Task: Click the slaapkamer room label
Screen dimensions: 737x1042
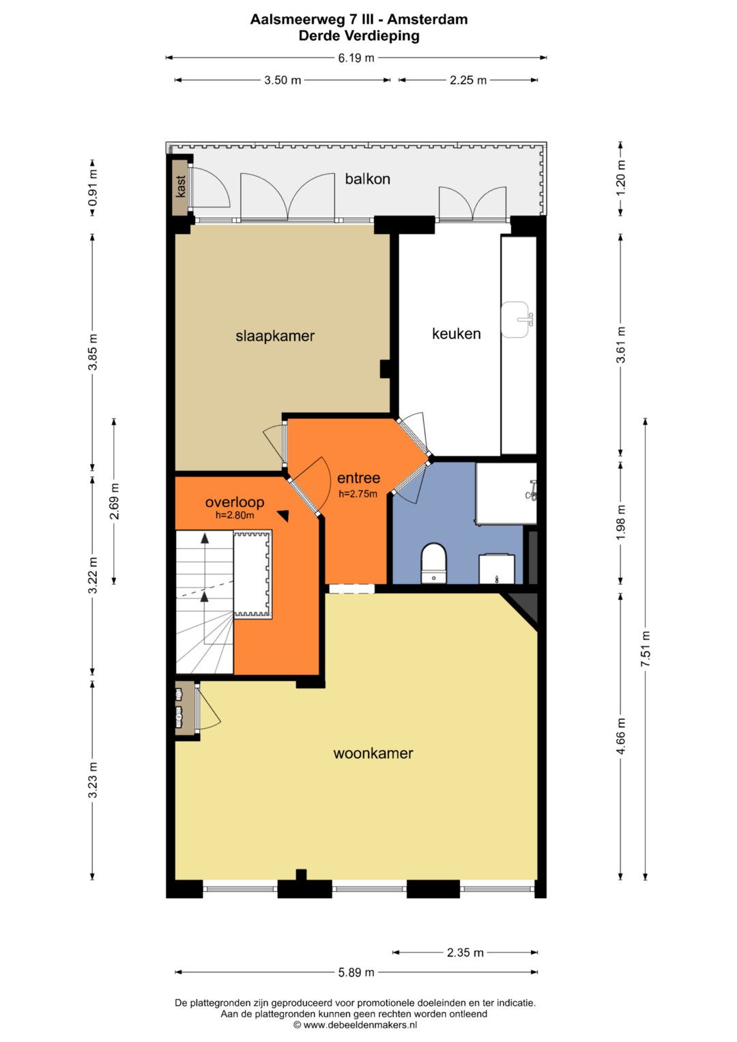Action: tap(275, 336)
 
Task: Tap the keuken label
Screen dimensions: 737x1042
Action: tap(456, 334)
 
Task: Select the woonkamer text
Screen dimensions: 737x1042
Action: tap(373, 753)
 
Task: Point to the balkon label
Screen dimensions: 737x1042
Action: tap(368, 179)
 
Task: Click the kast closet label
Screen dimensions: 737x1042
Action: tap(181, 186)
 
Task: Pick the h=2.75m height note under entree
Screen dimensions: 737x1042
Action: tap(358, 494)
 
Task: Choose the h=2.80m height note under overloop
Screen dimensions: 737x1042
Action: tap(235, 515)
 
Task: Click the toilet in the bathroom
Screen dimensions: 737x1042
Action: tap(433, 563)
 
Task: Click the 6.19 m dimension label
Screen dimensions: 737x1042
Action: tap(356, 58)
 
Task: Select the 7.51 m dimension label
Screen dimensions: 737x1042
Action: tap(646, 649)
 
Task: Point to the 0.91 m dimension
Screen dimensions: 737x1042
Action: tap(93, 188)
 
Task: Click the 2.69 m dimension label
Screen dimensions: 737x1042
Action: tap(115, 501)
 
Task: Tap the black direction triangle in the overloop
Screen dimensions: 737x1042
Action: tap(284, 516)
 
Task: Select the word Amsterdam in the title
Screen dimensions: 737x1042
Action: tap(428, 20)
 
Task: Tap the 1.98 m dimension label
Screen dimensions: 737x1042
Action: tap(621, 522)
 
